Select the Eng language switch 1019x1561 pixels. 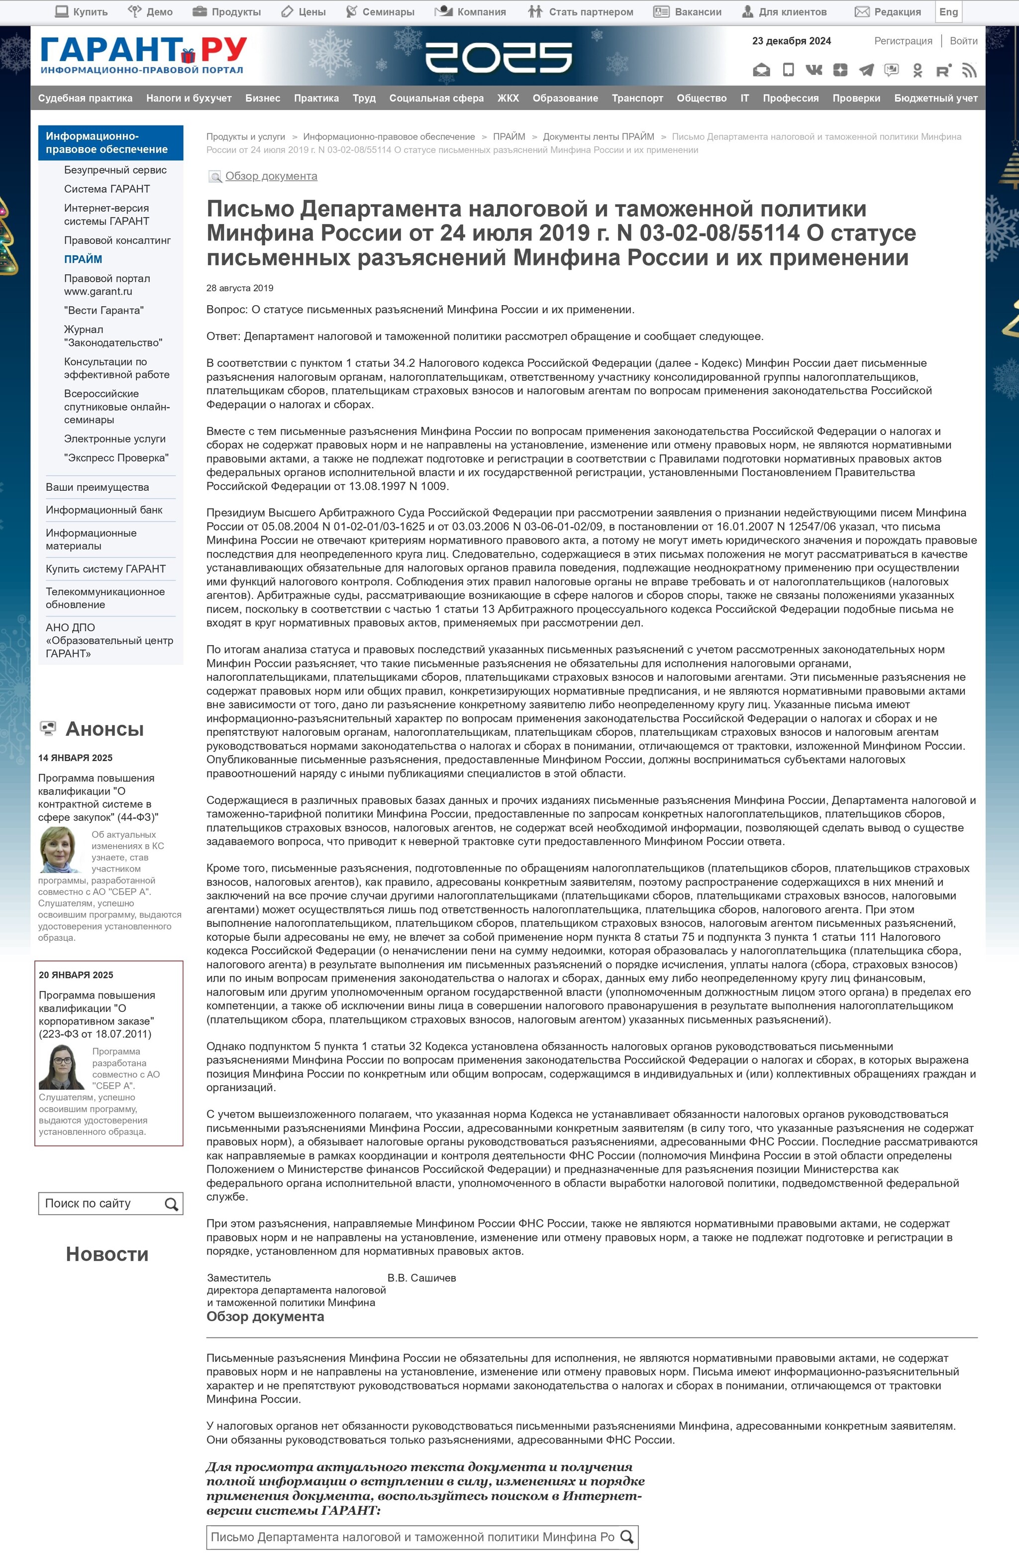pyautogui.click(x=948, y=12)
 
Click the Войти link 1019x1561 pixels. pyautogui.click(x=963, y=41)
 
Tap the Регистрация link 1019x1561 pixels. pyautogui.click(x=903, y=41)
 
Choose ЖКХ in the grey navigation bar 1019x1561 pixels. pyautogui.click(x=508, y=98)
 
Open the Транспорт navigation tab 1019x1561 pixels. pyautogui.click(x=637, y=98)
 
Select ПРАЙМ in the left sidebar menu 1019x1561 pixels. pyautogui.click(x=83, y=259)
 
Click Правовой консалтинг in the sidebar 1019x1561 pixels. pyautogui.click(x=117, y=240)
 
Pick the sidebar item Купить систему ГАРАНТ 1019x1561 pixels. pyautogui.click(x=105, y=568)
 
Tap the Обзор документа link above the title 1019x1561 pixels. pyautogui.click(x=271, y=176)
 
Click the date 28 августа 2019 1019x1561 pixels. pyautogui.click(x=239, y=288)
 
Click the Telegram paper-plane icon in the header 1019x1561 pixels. pyautogui.click(x=866, y=70)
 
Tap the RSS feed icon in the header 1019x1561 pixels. pyautogui.click(x=969, y=70)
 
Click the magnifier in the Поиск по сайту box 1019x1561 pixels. pyautogui.click(x=171, y=1204)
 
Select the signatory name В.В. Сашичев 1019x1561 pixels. pyautogui.click(x=421, y=1278)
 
